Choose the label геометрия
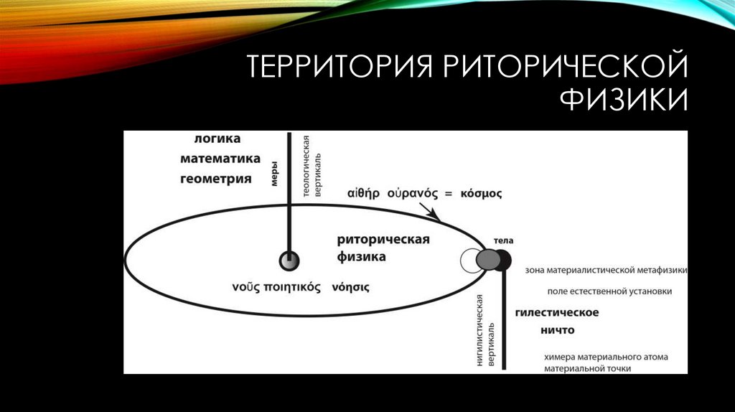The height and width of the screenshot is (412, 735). (215, 179)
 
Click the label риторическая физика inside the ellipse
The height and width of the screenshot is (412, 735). (383, 248)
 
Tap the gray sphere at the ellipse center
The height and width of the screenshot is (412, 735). (289, 261)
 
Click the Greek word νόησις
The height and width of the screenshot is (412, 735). (350, 287)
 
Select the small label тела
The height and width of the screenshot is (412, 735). (503, 240)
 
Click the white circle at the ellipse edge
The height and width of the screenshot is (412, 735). (471, 261)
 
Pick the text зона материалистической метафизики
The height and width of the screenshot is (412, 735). (607, 271)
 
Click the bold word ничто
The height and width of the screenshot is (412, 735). (557, 331)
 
